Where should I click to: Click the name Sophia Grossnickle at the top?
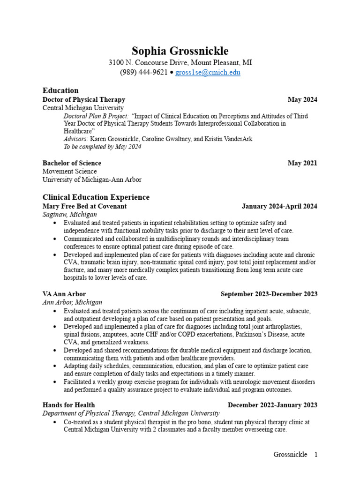[180, 51]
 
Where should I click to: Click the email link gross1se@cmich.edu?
[208, 73]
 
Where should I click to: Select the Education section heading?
[60, 90]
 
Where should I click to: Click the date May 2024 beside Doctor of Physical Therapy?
[302, 99]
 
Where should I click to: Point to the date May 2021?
[302, 163]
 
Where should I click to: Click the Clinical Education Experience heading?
[96, 197]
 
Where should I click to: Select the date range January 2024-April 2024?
[279, 206]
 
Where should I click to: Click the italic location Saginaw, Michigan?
[70, 214]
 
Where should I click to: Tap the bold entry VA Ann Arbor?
[64, 294]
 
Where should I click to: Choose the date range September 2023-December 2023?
[269, 294]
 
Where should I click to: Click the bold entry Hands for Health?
[68, 405]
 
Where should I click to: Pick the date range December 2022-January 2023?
[272, 405]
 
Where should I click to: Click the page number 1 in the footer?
[316, 454]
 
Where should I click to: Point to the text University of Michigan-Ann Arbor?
[92, 180]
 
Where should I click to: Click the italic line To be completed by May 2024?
[102, 147]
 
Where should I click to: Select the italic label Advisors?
[76, 139]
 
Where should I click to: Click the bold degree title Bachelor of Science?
[72, 163]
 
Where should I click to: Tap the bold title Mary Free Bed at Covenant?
[84, 206]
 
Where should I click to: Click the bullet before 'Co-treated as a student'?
[56, 422]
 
